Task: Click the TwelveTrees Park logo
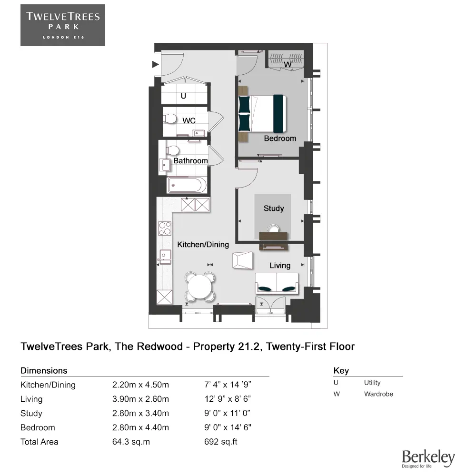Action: pos(63,25)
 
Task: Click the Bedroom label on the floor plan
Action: pos(280,139)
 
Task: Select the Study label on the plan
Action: pos(274,208)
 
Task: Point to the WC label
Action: pos(189,121)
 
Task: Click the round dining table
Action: pos(199,287)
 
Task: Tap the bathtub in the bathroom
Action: pos(187,185)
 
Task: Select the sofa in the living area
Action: pos(277,283)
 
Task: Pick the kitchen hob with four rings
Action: pos(165,228)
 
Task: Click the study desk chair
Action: pos(274,228)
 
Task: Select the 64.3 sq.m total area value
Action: pos(131,442)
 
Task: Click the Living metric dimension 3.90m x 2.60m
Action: pos(140,399)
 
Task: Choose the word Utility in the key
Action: pos(372,383)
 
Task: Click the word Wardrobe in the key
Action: pos(378,394)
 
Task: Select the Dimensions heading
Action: pos(44,370)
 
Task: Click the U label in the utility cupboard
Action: pos(183,97)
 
